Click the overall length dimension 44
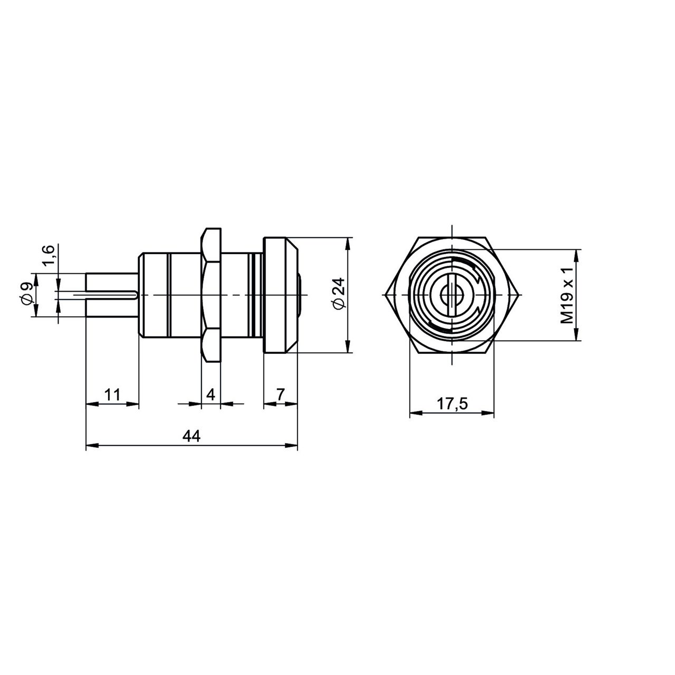pos(191,436)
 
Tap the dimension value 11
pos(112,394)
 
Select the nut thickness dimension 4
pos(210,395)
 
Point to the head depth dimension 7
pos(280,394)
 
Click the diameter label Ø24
pos(339,294)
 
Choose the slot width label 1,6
pos(50,255)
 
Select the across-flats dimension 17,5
pos(452,404)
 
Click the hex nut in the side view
pos(211,295)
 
